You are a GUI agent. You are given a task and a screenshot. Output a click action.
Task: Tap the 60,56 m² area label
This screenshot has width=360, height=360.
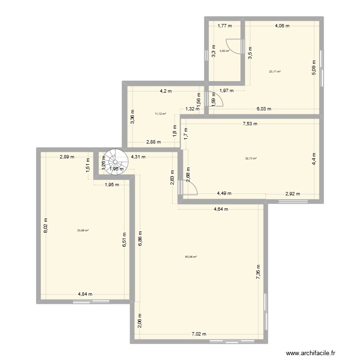point(191,257)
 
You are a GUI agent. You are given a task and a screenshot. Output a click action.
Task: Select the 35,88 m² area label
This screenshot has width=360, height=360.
point(83,230)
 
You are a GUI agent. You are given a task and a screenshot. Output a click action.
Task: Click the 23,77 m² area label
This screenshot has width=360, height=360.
point(275,72)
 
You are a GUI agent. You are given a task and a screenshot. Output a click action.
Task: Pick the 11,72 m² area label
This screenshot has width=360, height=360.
point(160,114)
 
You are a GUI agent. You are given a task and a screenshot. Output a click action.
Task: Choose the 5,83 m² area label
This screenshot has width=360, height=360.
point(224,51)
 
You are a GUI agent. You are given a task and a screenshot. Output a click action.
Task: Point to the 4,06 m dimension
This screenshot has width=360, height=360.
point(282,26)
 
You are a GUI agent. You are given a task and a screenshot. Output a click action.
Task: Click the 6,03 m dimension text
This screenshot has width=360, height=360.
point(264,109)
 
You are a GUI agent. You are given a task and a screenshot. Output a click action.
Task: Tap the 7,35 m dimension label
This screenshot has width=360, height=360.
point(258,273)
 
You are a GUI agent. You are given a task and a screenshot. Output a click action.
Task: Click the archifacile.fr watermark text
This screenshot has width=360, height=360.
point(312,354)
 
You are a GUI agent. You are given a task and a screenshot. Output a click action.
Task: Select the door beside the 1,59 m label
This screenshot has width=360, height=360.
point(216,98)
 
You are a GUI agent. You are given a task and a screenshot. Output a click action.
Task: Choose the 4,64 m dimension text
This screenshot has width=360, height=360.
point(221,209)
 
